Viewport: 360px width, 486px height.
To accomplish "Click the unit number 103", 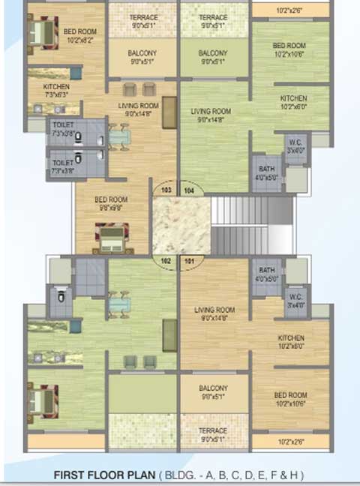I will click(x=166, y=190).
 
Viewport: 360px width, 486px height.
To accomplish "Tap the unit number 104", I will click(x=189, y=190).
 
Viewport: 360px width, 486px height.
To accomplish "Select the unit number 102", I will click(x=166, y=262).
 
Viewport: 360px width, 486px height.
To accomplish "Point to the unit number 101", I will click(x=189, y=262).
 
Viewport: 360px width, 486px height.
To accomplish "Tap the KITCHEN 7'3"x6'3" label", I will click(x=57, y=91).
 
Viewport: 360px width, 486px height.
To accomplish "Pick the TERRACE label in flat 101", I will click(x=214, y=434).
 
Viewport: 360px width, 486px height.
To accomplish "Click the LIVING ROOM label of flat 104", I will click(x=213, y=115).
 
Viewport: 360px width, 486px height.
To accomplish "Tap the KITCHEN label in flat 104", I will click(x=293, y=102).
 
